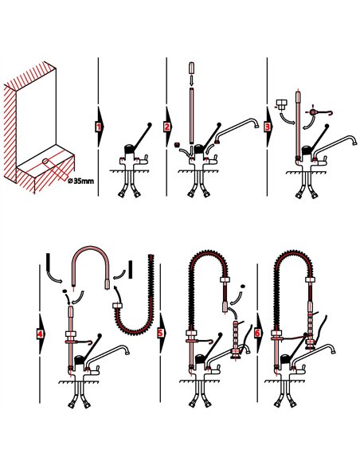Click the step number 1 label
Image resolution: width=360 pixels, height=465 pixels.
tap(99, 127)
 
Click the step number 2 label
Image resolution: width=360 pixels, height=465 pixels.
tap(167, 127)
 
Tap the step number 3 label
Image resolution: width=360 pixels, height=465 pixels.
tap(268, 127)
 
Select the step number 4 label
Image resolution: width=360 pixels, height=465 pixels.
tap(40, 334)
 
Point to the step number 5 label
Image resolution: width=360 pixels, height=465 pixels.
tap(160, 333)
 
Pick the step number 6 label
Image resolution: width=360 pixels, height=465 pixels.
tap(257, 334)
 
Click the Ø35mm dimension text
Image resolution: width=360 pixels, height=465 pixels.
tap(80, 181)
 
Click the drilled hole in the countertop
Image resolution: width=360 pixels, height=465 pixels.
tap(45, 162)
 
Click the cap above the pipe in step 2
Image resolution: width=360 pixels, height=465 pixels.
tap(191, 67)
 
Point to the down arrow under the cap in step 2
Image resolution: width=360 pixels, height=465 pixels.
tap(191, 80)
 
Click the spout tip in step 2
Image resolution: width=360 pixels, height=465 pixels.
tap(256, 126)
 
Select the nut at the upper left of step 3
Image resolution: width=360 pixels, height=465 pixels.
tap(280, 105)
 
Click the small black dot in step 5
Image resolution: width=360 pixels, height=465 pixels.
tap(243, 286)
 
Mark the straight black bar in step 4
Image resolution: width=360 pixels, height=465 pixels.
tap(130, 269)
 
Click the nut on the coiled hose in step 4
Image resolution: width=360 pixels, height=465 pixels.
tap(117, 305)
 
